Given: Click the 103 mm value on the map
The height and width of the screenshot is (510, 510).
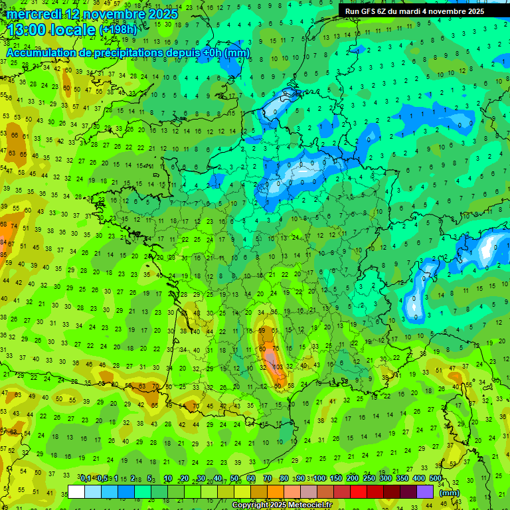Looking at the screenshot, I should point(278,367).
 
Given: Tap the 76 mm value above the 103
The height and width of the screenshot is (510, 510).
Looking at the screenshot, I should point(276,349).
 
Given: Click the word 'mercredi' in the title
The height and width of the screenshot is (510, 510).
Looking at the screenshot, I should point(35,14).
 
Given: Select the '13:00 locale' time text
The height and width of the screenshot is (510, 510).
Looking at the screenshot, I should point(51,29).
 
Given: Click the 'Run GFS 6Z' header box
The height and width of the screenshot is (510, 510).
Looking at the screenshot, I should point(414,11).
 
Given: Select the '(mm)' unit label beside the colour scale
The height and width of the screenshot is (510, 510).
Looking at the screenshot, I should point(450,493).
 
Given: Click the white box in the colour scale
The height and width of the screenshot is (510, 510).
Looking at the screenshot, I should point(76,491).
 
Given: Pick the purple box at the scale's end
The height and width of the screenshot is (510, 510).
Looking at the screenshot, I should point(425,491).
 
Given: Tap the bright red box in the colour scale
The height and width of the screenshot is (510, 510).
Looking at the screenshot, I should point(359,491).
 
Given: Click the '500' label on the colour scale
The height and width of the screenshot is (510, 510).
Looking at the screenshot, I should point(436,479).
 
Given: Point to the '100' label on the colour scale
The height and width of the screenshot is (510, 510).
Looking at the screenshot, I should point(319,479).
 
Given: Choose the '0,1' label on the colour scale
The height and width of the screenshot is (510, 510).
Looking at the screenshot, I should point(86,479).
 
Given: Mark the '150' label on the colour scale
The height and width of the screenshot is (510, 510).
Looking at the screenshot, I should point(336,479).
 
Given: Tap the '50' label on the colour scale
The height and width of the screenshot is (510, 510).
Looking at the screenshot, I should point(234,479).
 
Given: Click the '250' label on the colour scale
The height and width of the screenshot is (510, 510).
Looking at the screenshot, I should point(369,479).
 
